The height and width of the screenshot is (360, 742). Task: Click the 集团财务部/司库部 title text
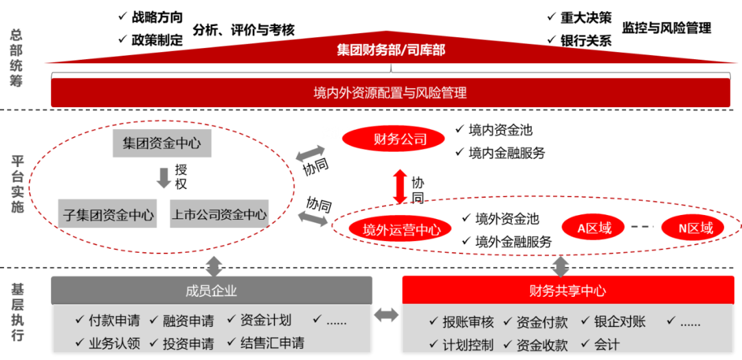pyautogui.click(x=390, y=50)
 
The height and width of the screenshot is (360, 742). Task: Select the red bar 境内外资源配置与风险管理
pyautogui.click(x=390, y=93)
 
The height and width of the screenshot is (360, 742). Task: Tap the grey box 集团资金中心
pyautogui.click(x=161, y=144)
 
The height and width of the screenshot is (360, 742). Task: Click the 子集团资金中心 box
pyautogui.click(x=109, y=214)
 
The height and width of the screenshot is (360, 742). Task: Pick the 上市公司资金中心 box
pyautogui.click(x=218, y=214)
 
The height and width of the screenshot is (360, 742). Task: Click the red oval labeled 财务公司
pyautogui.click(x=394, y=140)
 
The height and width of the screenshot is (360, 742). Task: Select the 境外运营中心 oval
pyautogui.click(x=401, y=229)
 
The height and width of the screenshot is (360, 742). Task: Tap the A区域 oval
pyautogui.click(x=594, y=228)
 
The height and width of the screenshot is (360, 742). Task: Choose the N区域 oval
pyautogui.click(x=692, y=228)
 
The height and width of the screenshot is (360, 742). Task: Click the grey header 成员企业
pyautogui.click(x=212, y=291)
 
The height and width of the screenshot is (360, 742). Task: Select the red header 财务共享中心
pyautogui.click(x=567, y=291)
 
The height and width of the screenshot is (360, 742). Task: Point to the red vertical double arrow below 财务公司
pyautogui.click(x=401, y=185)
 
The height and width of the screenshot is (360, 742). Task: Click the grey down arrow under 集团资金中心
pyautogui.click(x=163, y=177)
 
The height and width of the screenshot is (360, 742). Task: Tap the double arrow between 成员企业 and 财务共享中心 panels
pyautogui.click(x=386, y=315)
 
